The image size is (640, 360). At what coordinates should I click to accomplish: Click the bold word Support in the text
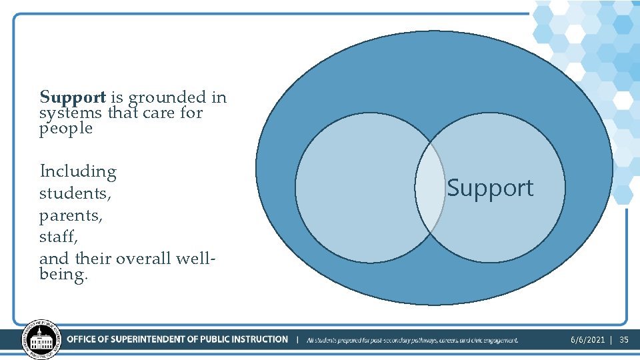[x=73, y=98]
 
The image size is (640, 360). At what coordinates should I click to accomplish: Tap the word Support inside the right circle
[x=490, y=189]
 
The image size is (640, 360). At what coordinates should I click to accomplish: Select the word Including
[x=78, y=172]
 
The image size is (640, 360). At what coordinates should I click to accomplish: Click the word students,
[x=75, y=194]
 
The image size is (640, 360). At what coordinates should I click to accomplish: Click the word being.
[x=63, y=274]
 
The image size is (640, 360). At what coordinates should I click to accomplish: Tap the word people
[x=66, y=128]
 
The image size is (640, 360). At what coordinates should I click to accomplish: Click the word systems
[x=71, y=113]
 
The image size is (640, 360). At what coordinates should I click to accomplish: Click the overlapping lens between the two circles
[x=430, y=187]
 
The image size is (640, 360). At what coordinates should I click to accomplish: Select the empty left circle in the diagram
[x=353, y=187]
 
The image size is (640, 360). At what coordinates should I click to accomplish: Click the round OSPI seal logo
[x=41, y=340]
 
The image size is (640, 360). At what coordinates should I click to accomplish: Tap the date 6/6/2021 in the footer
[x=587, y=340]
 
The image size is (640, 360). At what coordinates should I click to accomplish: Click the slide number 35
[x=624, y=340]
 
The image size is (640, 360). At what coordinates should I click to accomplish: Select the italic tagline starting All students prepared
[x=412, y=340]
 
